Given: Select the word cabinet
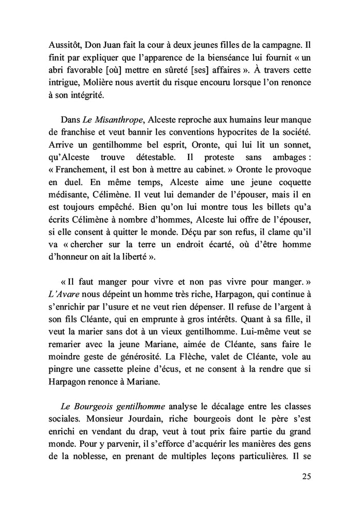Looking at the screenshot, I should point(208,168).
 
